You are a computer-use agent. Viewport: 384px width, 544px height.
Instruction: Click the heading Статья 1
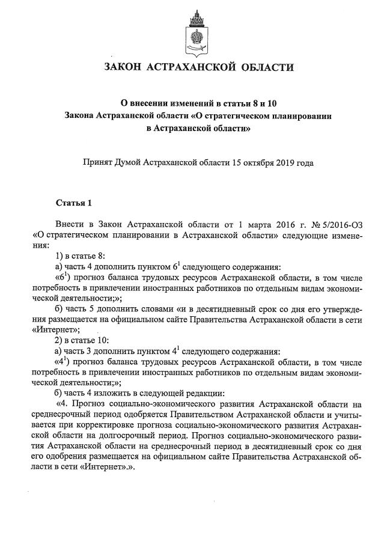coord(73,202)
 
